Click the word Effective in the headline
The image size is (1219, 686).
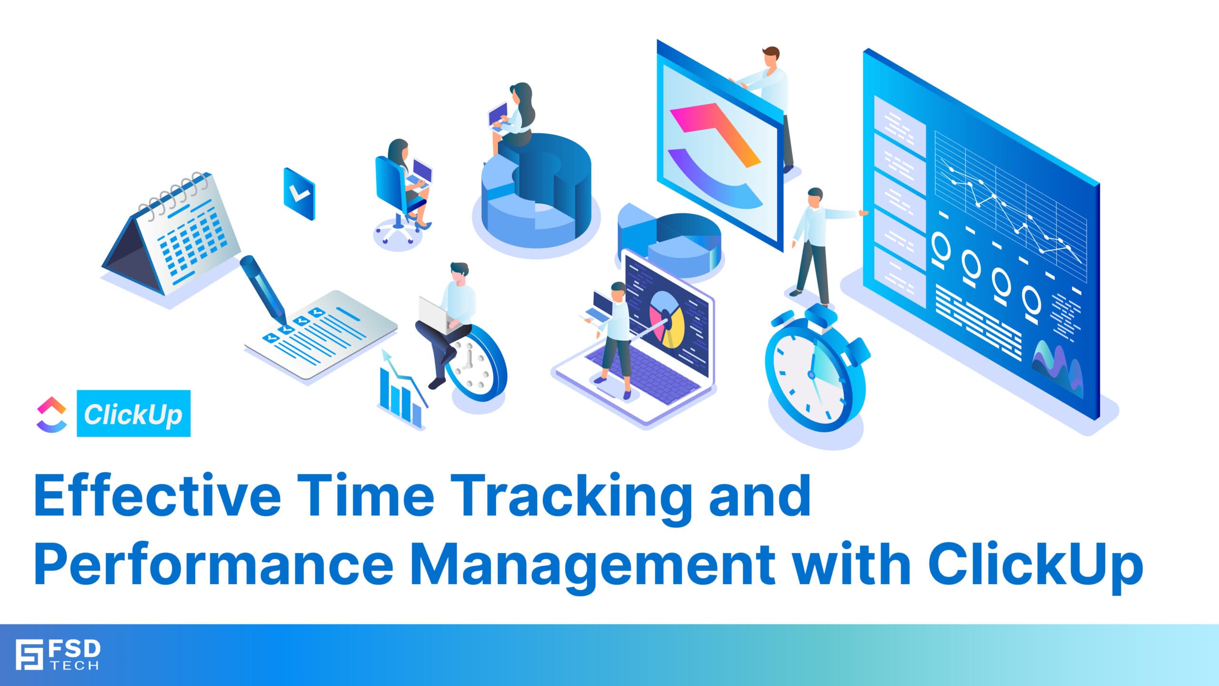point(157,495)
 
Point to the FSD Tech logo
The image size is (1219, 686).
point(58,655)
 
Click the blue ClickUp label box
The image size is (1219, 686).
point(133,414)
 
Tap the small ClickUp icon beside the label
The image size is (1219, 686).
point(51,414)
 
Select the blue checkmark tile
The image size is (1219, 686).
point(299,193)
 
